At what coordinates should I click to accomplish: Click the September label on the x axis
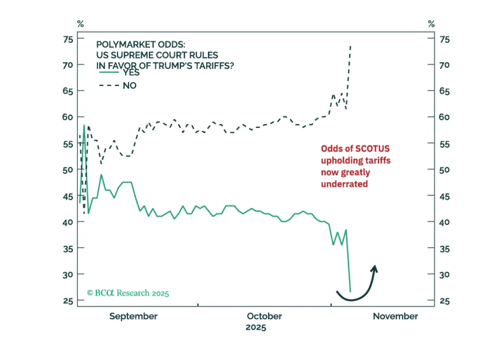click(133, 317)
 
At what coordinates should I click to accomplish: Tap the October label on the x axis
click(264, 316)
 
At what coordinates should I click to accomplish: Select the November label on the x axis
click(395, 316)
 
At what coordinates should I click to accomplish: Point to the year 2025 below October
click(256, 328)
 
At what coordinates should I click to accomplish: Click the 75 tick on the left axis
click(68, 39)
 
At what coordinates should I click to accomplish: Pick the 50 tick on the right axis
click(445, 170)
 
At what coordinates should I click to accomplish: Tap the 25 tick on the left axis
click(68, 301)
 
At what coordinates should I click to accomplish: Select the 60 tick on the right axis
click(445, 117)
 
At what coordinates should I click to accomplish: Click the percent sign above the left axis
click(80, 23)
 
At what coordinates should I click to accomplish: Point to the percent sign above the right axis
click(431, 23)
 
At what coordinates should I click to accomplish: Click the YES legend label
click(131, 73)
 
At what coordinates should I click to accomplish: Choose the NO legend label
click(130, 85)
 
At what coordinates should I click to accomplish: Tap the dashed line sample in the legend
click(109, 85)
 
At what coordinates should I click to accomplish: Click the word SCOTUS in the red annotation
click(373, 149)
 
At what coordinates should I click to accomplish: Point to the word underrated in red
click(345, 184)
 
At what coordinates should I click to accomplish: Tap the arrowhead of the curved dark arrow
click(374, 269)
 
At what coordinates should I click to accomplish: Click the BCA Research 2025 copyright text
click(128, 293)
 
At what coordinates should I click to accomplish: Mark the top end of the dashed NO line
click(350, 46)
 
